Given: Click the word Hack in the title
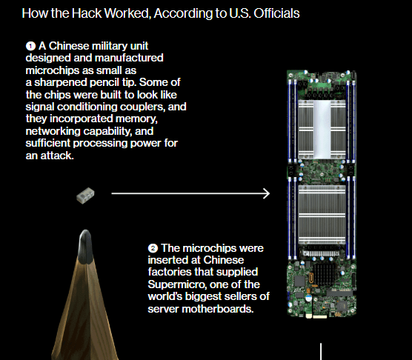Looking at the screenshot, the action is click(87, 13).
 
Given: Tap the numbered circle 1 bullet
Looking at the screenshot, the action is click(30, 46).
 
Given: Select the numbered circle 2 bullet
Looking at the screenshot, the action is click(153, 248).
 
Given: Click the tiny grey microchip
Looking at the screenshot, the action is click(85, 196).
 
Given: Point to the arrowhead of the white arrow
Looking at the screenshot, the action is click(267, 194).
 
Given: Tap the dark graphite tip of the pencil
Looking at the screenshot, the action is click(85, 247).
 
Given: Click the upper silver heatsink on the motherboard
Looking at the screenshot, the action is click(322, 129).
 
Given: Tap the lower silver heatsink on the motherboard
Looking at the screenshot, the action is click(322, 215).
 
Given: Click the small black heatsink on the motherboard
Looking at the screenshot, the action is click(324, 274).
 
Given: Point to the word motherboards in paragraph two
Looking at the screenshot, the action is click(218, 309).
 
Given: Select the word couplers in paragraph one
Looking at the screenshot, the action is click(143, 107).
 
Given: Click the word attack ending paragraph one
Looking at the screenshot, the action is click(57, 156).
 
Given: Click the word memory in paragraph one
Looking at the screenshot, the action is click(136, 119).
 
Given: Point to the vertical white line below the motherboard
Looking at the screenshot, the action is click(321, 351).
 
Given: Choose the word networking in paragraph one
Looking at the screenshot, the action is click(53, 131).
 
